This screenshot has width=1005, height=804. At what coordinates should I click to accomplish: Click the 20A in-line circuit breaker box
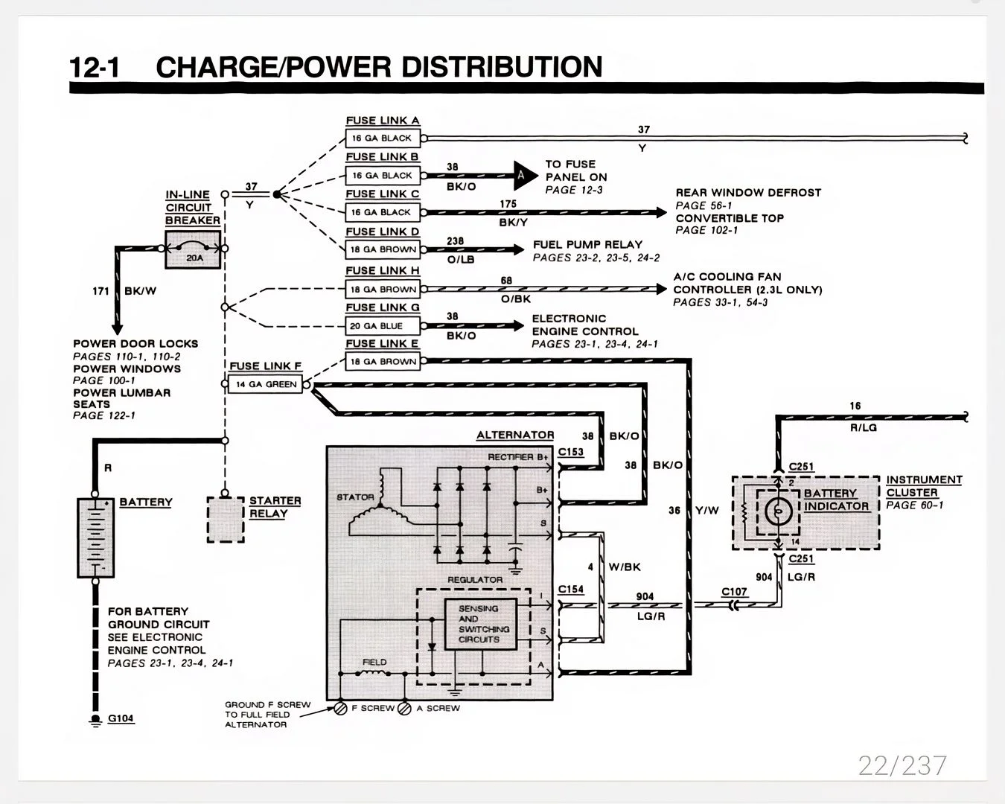(193, 249)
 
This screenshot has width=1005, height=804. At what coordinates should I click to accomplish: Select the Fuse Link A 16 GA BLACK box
(383, 138)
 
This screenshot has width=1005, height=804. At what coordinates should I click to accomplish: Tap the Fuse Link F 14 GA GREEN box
(265, 384)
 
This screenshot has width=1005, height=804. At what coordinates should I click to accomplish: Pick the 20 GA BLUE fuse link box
(383, 325)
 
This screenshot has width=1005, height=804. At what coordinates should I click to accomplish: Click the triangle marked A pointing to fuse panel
(525, 176)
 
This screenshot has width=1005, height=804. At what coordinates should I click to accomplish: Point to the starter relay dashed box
(226, 520)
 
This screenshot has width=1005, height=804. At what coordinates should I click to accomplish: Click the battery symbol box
(95, 537)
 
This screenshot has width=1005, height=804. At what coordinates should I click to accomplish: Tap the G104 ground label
(121, 718)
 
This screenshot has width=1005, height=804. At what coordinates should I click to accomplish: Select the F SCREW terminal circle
(340, 709)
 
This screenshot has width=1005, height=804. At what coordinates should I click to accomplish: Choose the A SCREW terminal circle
(404, 709)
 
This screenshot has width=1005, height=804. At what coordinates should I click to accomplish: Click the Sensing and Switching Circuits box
(481, 624)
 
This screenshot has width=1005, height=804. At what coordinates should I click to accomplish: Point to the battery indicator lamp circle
(778, 511)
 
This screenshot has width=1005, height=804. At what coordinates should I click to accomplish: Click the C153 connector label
(571, 452)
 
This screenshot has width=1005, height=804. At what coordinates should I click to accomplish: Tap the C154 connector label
(571, 590)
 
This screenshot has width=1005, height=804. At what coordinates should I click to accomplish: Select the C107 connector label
(734, 592)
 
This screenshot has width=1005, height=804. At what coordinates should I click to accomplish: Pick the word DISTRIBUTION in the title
(502, 66)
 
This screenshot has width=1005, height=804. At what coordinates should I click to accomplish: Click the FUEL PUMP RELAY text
(587, 244)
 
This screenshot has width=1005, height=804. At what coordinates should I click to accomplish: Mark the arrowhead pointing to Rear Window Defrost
(662, 213)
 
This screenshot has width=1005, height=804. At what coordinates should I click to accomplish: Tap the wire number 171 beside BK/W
(100, 291)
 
